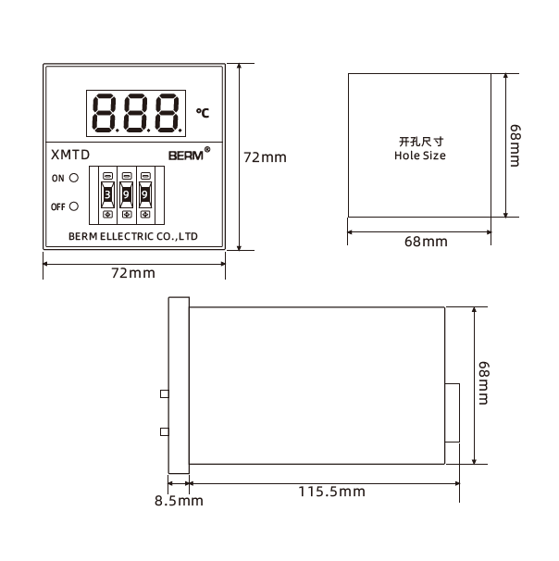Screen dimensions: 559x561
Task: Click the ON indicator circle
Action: pos(74,178)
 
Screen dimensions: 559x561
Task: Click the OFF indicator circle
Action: pos(74,206)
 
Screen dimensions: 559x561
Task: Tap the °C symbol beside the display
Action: pos(203,113)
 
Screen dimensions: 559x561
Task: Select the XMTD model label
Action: pos(70,155)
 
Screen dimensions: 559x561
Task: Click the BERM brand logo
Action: pos(189,155)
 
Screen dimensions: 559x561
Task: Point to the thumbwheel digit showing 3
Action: pos(107,194)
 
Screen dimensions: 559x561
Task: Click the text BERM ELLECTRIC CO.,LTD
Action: pos(133,236)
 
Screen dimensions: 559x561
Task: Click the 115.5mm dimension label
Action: pos(332,492)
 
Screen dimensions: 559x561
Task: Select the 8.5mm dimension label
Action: pos(179,501)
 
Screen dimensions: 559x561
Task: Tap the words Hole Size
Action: pos(420,156)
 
